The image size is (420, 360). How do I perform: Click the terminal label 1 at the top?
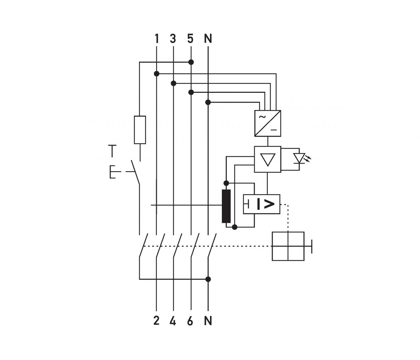(x=156, y=39)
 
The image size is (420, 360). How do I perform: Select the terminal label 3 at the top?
(x=173, y=39)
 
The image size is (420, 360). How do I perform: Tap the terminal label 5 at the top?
(x=190, y=39)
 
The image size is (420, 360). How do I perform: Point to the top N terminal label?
(x=208, y=39)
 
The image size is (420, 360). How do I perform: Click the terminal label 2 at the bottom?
(x=156, y=321)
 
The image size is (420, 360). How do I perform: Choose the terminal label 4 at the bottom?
(x=173, y=321)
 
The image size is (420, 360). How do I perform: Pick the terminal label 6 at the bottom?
(x=190, y=321)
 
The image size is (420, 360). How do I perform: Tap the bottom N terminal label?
(x=208, y=321)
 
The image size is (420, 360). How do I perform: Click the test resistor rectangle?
(x=140, y=130)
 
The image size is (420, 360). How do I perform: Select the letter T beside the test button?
(x=112, y=151)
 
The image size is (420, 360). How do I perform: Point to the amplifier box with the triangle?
(x=268, y=159)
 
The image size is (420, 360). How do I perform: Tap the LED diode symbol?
(x=299, y=159)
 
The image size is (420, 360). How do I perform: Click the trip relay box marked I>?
(x=261, y=204)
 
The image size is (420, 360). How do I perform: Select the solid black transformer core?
(x=226, y=206)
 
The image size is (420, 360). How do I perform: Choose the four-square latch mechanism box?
(x=288, y=246)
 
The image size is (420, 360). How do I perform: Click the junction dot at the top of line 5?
(x=191, y=62)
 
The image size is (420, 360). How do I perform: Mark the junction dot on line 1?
(x=157, y=74)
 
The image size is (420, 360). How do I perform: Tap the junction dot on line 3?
(x=173, y=83)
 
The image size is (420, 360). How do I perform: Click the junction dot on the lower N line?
(x=208, y=279)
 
